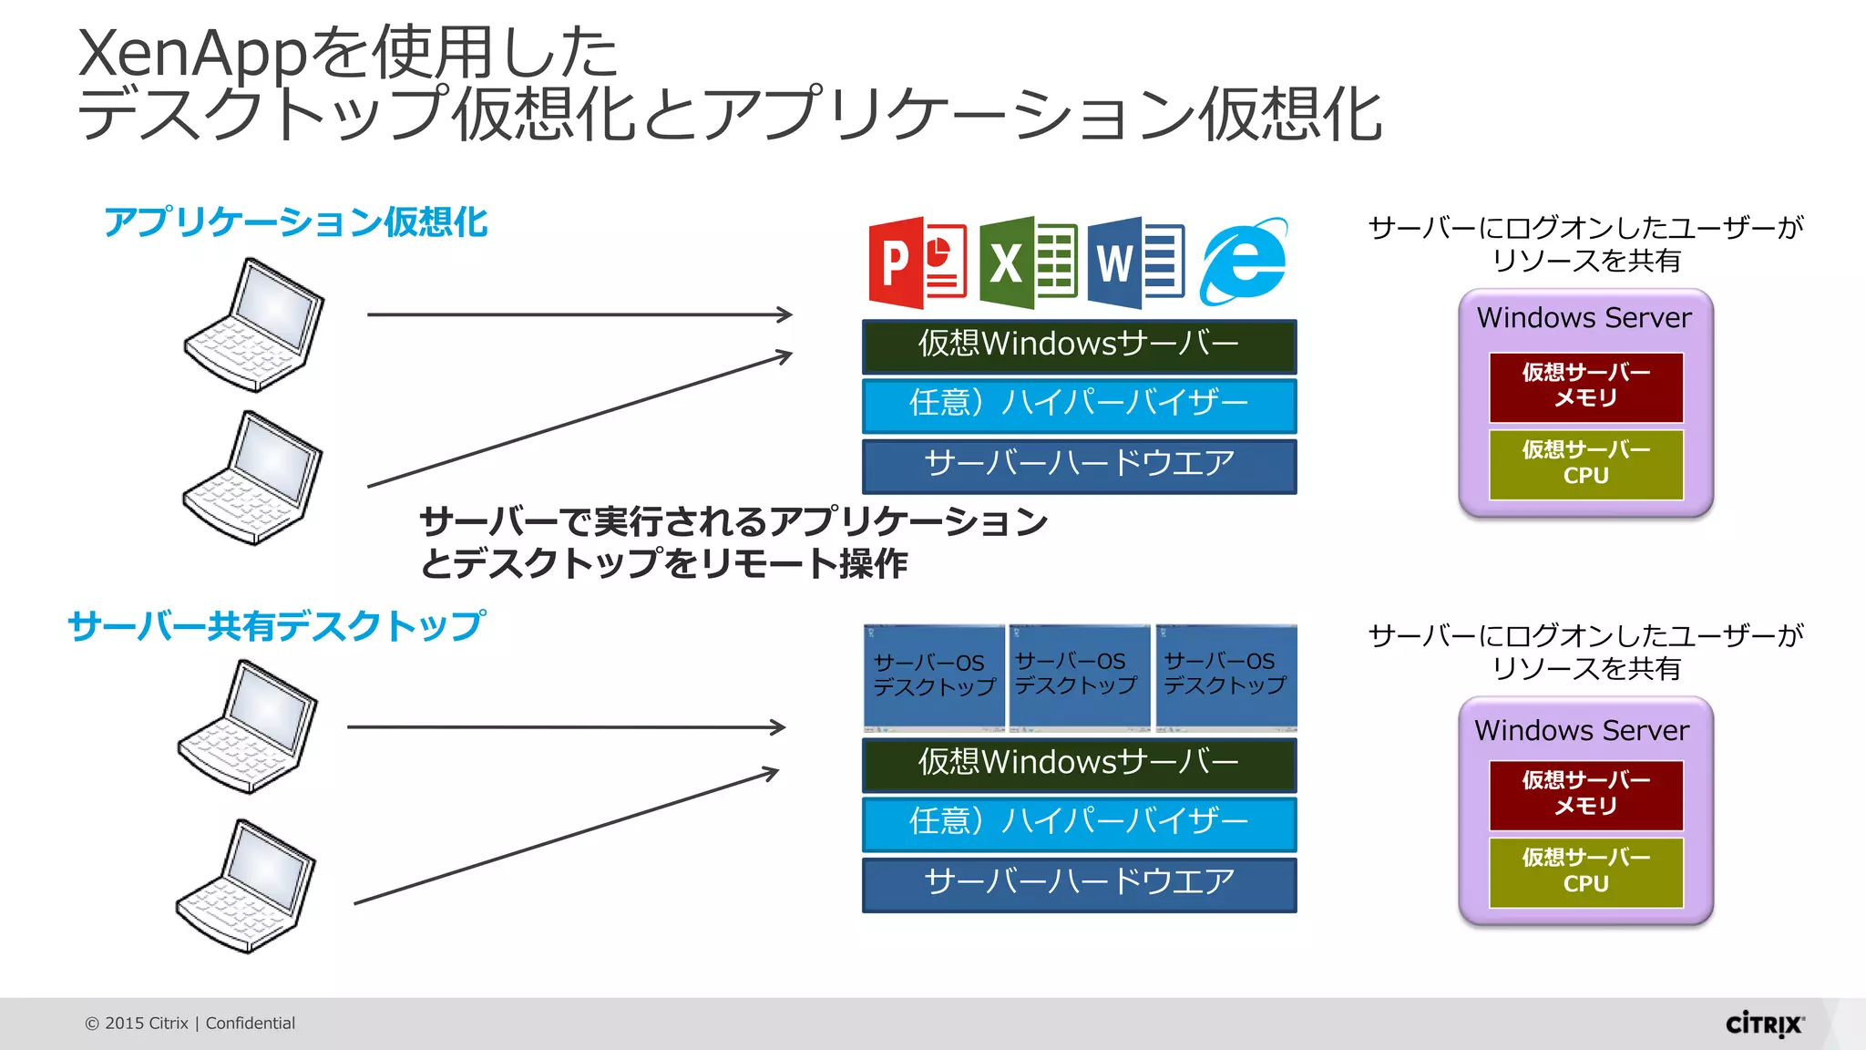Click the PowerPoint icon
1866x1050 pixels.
[918, 263]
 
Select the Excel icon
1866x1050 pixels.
[1028, 263]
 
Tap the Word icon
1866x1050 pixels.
[1135, 263]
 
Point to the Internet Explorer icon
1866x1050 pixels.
[1244, 262]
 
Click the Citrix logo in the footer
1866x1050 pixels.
[1764, 1024]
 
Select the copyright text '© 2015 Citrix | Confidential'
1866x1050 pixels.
[190, 1023]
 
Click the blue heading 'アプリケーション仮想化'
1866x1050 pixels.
[295, 222]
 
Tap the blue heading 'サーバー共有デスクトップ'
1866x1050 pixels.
[276, 626]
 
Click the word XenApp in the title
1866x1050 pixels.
[192, 53]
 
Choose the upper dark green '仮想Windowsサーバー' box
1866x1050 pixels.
[1079, 345]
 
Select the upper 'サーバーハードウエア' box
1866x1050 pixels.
[1079, 465]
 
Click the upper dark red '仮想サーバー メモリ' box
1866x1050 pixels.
[1585, 386]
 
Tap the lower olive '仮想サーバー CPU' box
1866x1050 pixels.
[1585, 871]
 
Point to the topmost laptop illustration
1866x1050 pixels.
[254, 324]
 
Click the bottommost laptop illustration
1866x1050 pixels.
[246, 886]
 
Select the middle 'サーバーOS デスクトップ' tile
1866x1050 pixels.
[1079, 675]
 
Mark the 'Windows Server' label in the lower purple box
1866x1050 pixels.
[1582, 730]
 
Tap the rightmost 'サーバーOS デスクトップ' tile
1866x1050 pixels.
[1225, 675]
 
